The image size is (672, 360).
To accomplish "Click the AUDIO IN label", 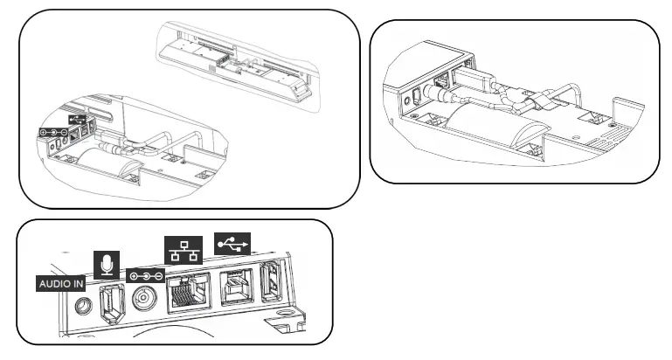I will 60,283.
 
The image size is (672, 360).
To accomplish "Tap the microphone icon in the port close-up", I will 106,262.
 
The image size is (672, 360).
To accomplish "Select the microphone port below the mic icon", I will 110,302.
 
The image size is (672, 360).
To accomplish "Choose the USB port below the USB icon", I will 235,286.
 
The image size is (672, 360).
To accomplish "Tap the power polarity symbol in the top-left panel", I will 52,133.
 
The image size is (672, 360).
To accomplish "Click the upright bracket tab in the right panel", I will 623,111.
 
